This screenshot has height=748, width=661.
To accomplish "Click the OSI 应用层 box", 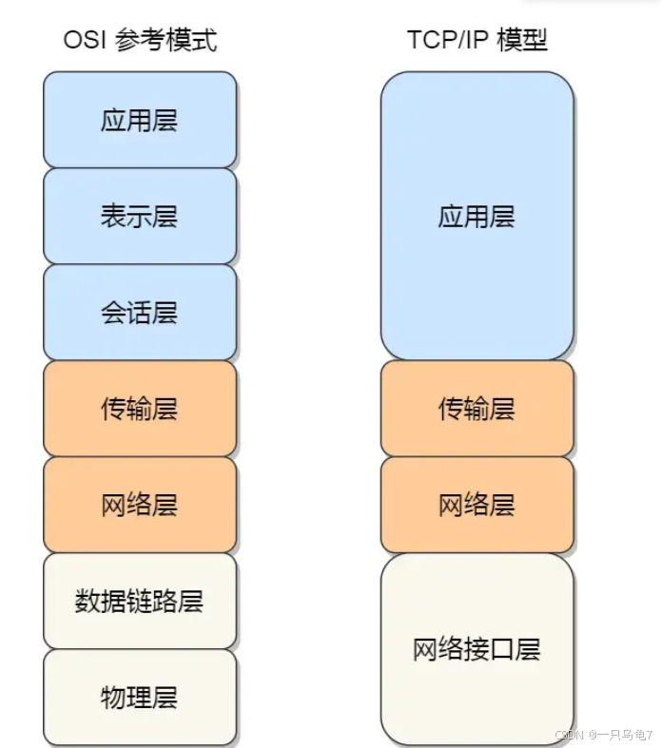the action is pos(140,120).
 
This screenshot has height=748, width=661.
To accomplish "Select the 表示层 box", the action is pos(140,216).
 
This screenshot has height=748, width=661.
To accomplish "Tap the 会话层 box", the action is pos(140,312).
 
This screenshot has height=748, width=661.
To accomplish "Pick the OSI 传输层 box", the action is pos(140,409).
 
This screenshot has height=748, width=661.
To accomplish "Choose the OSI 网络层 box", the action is pos(140,505).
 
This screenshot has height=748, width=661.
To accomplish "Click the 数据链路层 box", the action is pos(140,601).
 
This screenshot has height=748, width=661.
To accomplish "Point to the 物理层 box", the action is pos(140,697).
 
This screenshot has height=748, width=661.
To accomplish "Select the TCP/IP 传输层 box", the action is pos(476,409).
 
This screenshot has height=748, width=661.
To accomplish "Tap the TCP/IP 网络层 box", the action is pos(476,505).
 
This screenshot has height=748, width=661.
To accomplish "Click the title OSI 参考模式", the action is pos(140,40).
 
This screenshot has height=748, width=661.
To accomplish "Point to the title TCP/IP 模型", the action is pos(477,40).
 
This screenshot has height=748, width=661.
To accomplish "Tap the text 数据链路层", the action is pos(140,601).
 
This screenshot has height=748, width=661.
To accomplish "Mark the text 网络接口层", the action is pos(476,649).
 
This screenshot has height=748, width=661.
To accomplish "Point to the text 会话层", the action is pos(140,312).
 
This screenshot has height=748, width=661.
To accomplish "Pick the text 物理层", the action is pos(140,697).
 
